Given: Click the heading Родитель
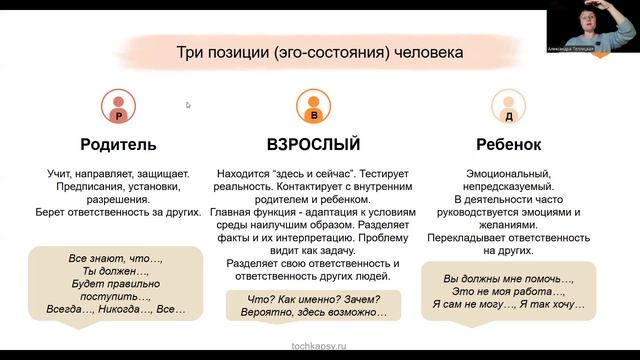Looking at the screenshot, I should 119,144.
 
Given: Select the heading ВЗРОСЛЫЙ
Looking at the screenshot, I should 313,144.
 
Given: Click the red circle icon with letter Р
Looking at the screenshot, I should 119,107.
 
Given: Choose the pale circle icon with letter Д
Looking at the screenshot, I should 507,107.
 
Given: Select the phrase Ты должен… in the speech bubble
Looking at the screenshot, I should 115,272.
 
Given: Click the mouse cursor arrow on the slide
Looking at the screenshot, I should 188,104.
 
